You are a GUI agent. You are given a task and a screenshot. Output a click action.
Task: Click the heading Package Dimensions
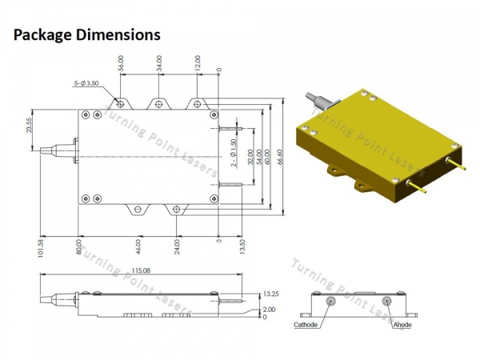click(x=87, y=35)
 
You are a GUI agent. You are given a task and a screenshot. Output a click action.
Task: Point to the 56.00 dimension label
click(x=121, y=63)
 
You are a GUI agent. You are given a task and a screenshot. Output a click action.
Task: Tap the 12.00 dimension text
click(x=197, y=63)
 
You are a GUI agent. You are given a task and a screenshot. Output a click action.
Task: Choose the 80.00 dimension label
click(x=78, y=247)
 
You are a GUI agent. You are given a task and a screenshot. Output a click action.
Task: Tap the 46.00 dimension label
click(x=138, y=247)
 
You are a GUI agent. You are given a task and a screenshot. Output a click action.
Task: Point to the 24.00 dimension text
click(x=177, y=247)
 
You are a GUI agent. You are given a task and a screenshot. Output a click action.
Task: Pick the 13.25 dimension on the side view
click(x=270, y=294)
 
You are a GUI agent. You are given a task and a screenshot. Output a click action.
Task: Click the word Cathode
click(x=306, y=326)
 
